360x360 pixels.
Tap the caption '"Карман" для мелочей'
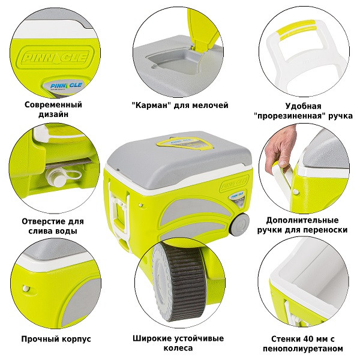tap(180, 105)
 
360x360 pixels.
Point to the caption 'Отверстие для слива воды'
tap(53, 226)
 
